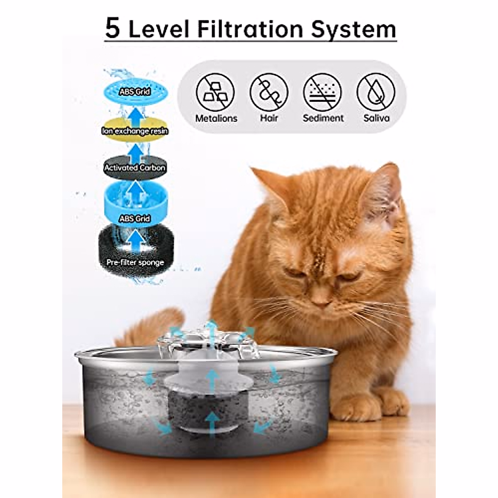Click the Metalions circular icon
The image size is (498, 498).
click(x=216, y=92)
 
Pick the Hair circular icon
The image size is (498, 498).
click(x=269, y=92)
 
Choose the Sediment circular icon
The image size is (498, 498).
click(x=323, y=92)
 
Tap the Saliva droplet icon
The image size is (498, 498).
click(x=376, y=92)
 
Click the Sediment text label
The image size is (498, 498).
click(x=323, y=118)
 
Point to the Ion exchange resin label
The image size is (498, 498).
click(x=135, y=131)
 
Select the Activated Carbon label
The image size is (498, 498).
click(x=135, y=168)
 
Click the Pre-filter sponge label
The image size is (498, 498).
click(x=135, y=262)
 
